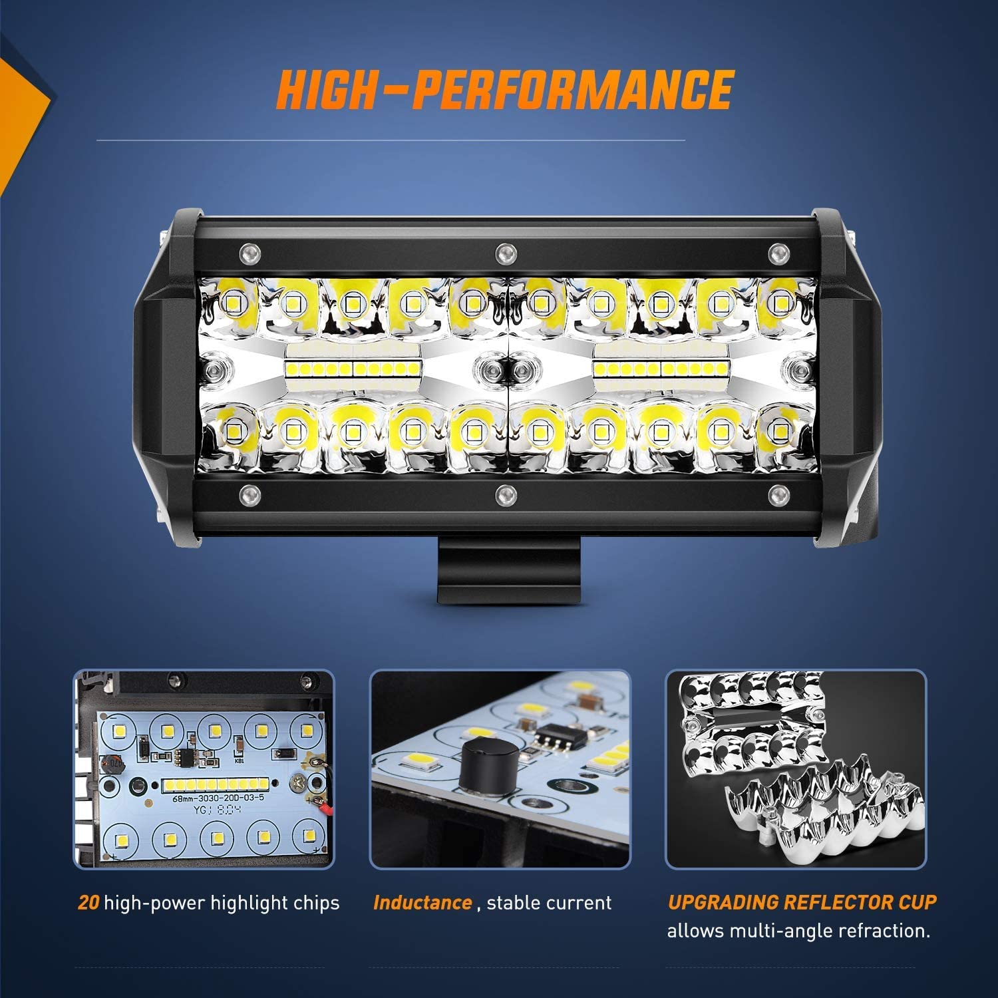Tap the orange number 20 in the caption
point(88,903)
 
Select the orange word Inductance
point(422,903)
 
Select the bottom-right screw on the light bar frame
point(776,494)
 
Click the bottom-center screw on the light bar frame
point(506,494)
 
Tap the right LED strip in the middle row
point(662,368)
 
